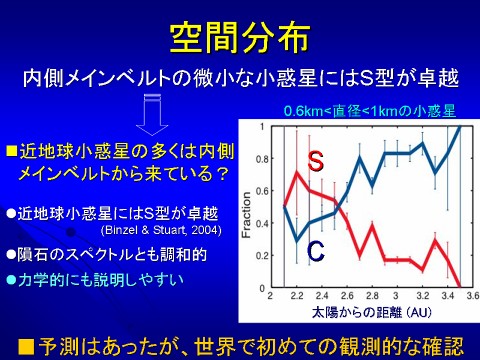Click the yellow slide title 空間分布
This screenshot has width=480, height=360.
point(240,37)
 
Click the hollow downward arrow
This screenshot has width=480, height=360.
point(152,115)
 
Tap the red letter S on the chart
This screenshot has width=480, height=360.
point(316,161)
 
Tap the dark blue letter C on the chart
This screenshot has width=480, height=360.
point(316,251)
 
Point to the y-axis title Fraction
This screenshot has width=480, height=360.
point(246,215)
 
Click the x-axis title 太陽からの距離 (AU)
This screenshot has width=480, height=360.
point(372,313)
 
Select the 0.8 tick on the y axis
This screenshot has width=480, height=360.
point(262,159)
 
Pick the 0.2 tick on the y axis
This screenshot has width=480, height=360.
point(262,256)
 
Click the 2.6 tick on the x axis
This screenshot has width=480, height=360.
point(347,296)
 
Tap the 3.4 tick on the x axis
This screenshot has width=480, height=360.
point(448,296)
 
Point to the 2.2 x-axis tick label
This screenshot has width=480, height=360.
point(297,296)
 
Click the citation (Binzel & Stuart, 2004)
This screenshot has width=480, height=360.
point(161,230)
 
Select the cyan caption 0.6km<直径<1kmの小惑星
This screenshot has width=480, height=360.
point(370,111)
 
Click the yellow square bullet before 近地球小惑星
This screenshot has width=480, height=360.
point(11,151)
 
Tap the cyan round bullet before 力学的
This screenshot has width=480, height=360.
point(11,280)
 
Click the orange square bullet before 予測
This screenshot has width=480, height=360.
point(26,347)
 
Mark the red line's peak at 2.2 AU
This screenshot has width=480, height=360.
point(296,172)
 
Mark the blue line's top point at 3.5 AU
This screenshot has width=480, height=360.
point(460,126)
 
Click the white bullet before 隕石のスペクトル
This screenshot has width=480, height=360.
point(11,254)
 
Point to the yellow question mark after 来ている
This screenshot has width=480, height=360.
point(223,174)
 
